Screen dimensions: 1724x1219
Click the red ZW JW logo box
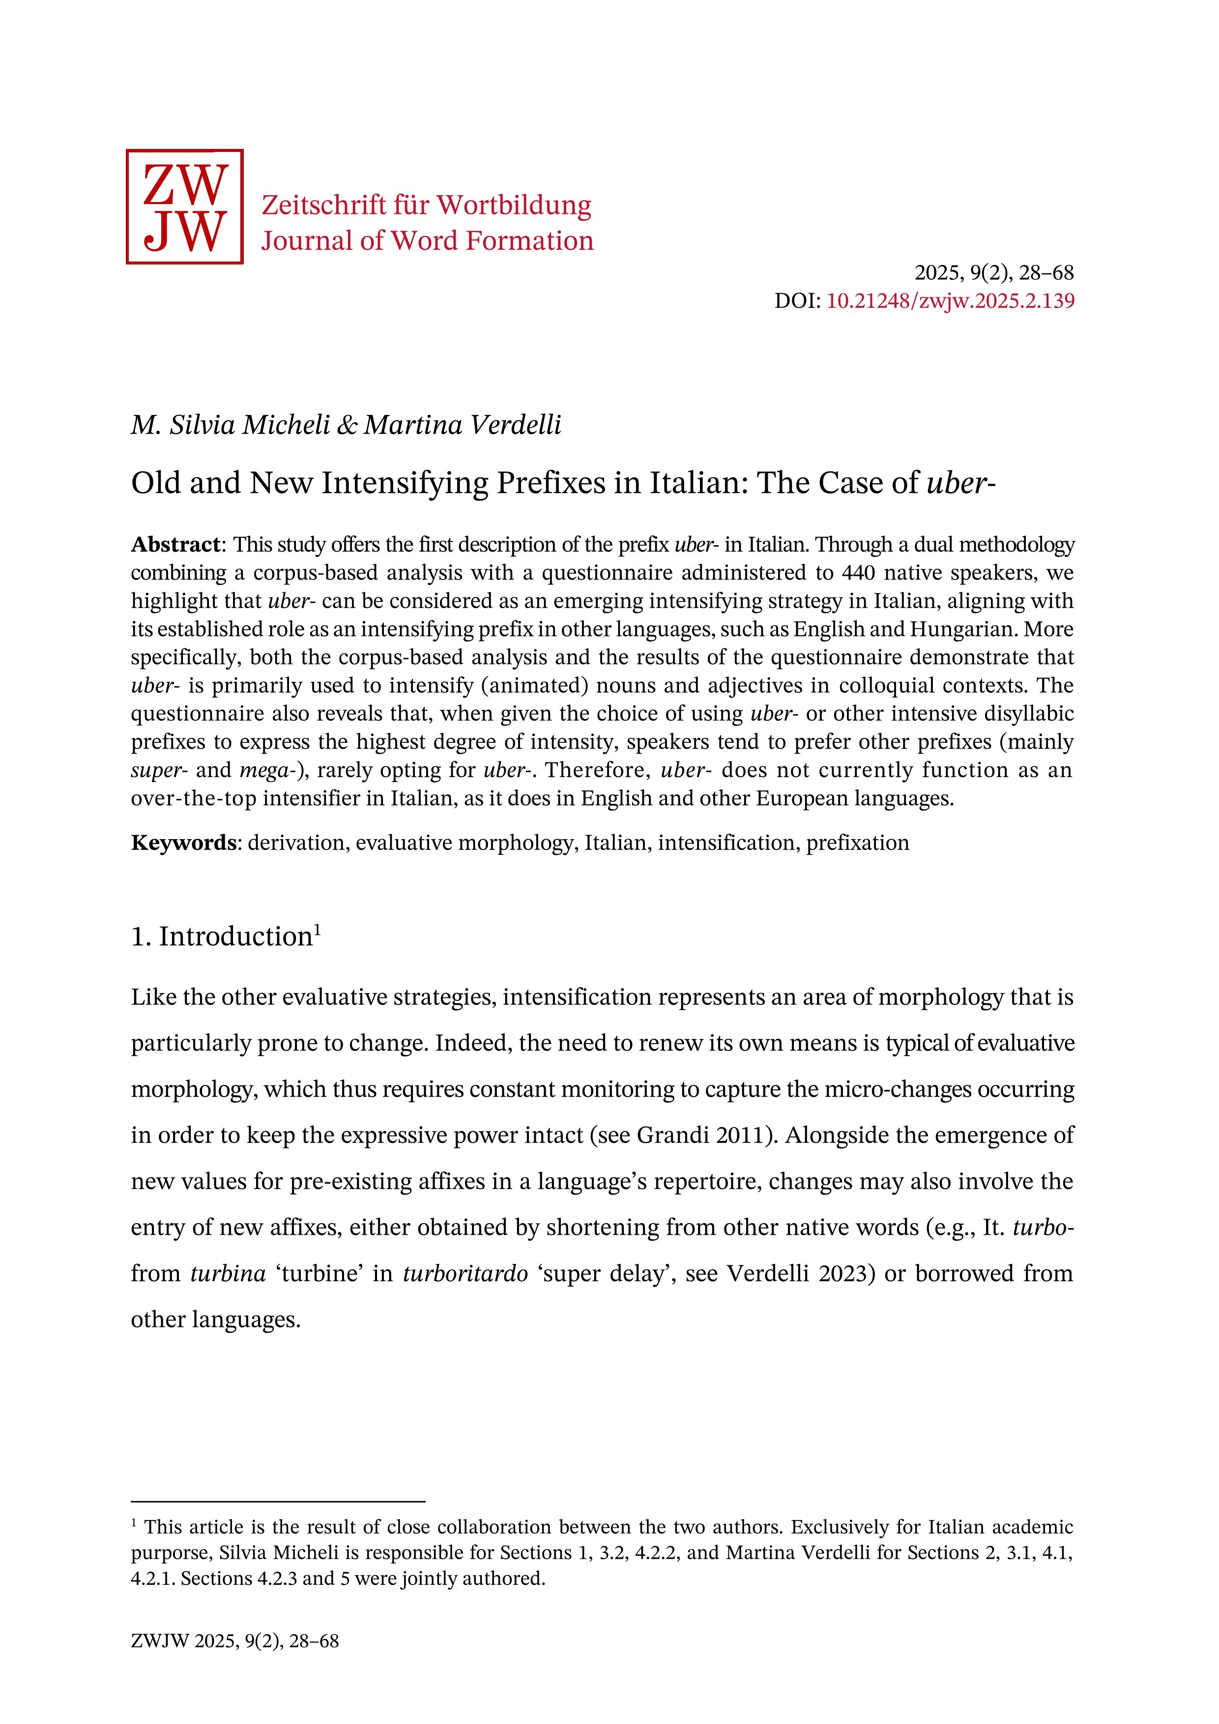coord(185,206)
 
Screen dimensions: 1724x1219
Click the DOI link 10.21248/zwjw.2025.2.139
coord(950,301)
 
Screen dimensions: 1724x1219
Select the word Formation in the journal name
coord(529,241)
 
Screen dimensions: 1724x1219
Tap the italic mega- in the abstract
coord(266,770)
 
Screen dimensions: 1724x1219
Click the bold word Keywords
coord(184,843)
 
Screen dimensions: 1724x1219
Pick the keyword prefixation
coord(857,843)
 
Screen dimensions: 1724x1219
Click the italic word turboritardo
coord(465,1274)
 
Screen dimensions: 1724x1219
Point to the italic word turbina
coord(228,1274)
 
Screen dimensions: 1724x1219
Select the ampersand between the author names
coord(348,425)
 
